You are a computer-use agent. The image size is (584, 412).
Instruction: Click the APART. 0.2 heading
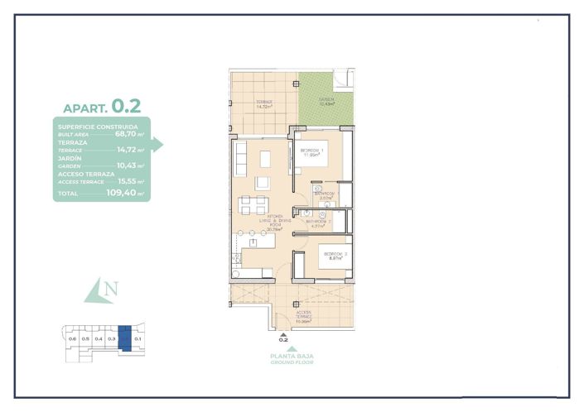click(x=102, y=107)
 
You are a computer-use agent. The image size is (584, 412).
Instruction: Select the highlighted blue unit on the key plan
click(x=124, y=338)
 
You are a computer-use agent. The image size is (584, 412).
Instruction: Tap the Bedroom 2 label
click(x=334, y=256)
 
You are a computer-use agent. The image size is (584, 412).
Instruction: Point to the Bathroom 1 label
click(x=326, y=195)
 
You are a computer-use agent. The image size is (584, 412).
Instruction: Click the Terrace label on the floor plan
click(x=264, y=103)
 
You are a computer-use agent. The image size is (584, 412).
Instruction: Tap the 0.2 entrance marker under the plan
click(x=282, y=339)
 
